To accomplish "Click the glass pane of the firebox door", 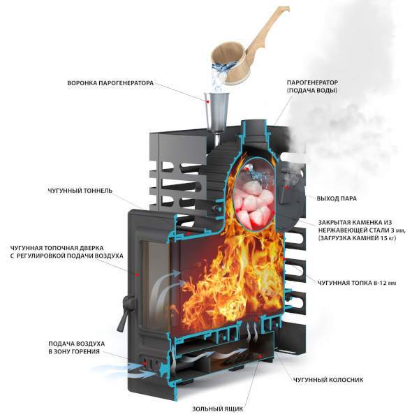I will (x=154, y=279).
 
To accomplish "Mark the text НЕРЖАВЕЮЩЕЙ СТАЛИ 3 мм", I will (x=356, y=229).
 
